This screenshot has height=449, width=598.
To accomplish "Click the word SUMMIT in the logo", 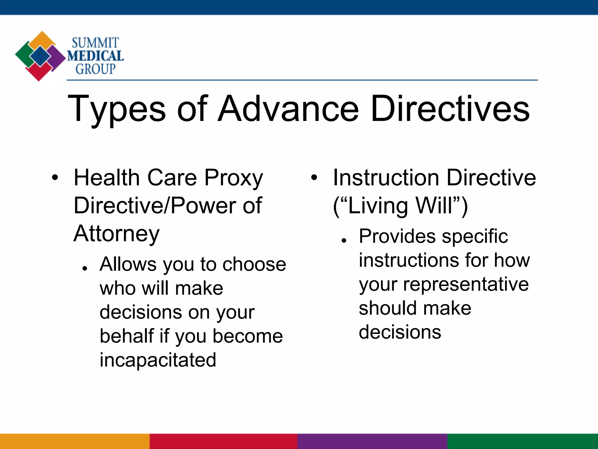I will pyautogui.click(x=95, y=43).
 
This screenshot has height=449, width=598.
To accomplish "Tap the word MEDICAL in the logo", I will pyautogui.click(x=95, y=56).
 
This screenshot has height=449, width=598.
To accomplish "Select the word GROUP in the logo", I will pyautogui.click(x=95, y=69).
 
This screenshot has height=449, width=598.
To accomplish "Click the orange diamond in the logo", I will pyautogui.click(x=42, y=39).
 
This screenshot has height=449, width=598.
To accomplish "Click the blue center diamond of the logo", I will pyautogui.click(x=40, y=56).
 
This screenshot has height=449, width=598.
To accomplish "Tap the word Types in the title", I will pyautogui.click(x=117, y=110).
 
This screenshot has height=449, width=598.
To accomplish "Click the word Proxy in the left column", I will pyautogui.click(x=234, y=178).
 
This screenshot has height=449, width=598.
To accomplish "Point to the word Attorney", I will pyautogui.click(x=117, y=234).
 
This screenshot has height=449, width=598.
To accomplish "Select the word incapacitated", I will pyautogui.click(x=158, y=360).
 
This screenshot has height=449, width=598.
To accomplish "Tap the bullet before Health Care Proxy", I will pyautogui.click(x=55, y=177).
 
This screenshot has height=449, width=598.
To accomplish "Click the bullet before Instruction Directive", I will pyautogui.click(x=314, y=177).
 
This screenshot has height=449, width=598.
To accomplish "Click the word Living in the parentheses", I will pyautogui.click(x=378, y=206).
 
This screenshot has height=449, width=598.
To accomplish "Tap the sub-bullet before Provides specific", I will pyautogui.click(x=344, y=241).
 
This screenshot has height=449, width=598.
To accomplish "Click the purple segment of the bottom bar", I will pyautogui.click(x=372, y=441).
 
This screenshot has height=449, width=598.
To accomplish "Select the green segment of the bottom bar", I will pyautogui.click(x=523, y=441).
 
